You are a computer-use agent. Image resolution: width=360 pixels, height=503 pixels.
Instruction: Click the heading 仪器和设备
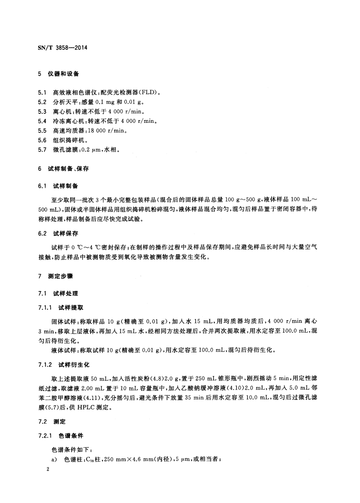click(66, 74)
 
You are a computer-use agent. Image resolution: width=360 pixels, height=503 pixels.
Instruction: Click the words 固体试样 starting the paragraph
click(65, 321)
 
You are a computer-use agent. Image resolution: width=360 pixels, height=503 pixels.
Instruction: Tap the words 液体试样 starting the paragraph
click(65, 350)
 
